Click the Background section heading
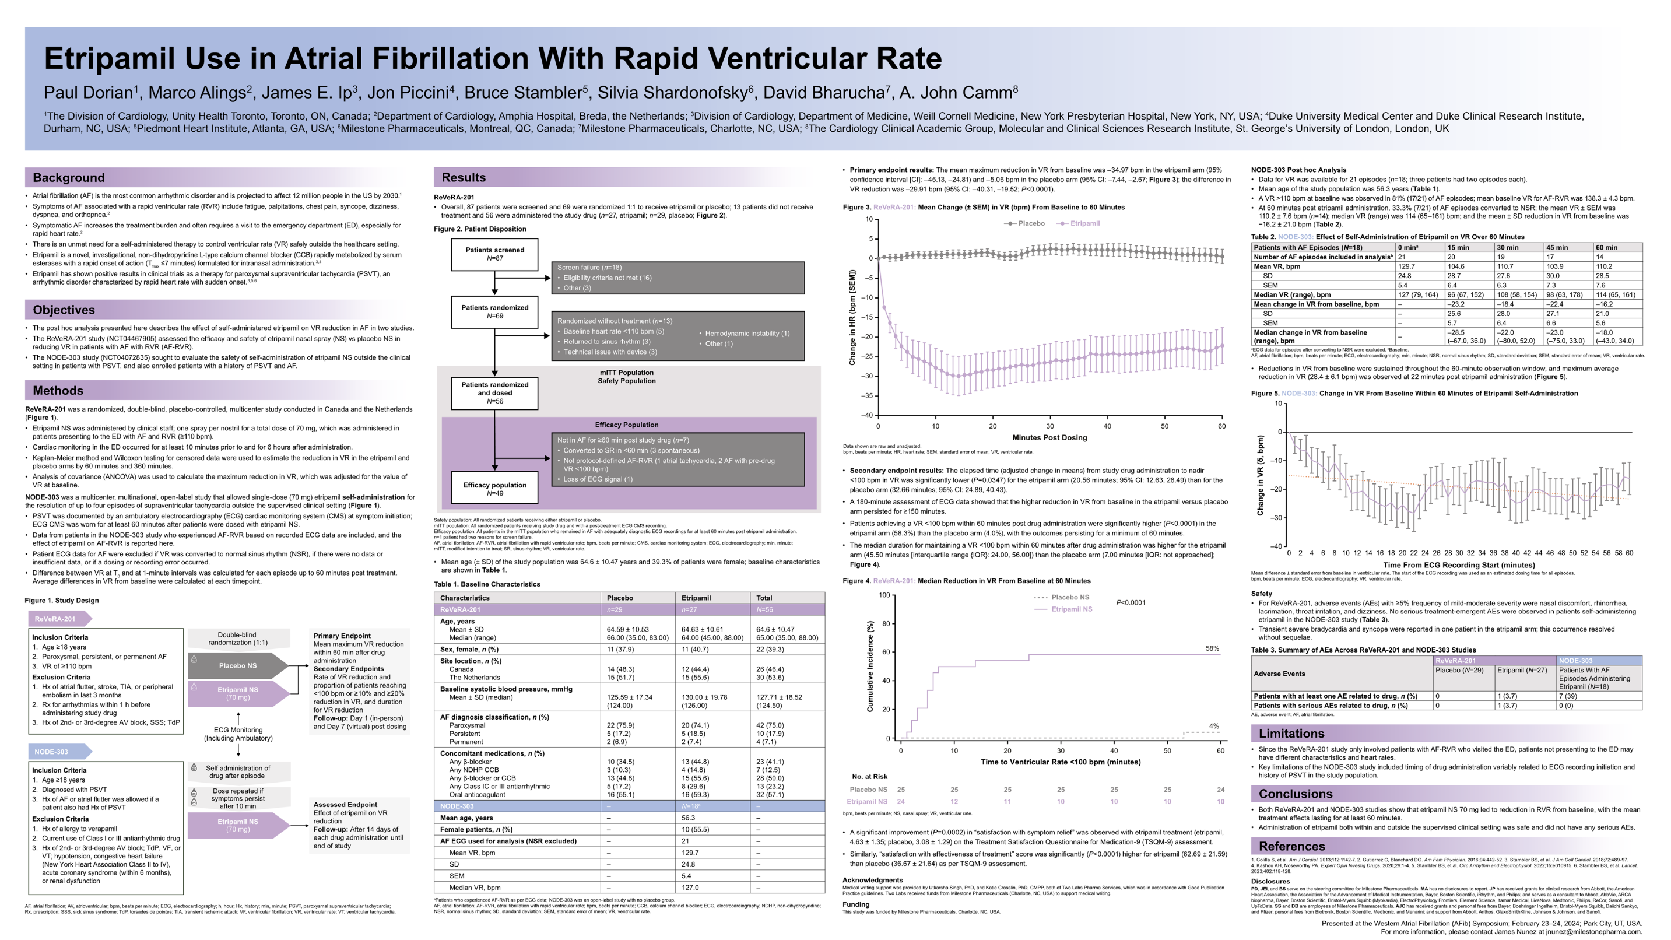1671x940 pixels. pos(69,178)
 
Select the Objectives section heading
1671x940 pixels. pos(64,310)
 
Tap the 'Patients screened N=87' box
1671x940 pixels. pos(494,254)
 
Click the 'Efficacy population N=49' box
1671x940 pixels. pos(494,489)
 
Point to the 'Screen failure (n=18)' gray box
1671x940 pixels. pos(677,278)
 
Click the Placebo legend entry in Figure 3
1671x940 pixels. pos(1025,223)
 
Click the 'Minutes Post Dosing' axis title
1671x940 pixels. pos(1049,438)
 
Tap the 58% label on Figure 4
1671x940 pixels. pos(1212,648)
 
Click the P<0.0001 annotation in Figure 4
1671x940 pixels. pos(1131,603)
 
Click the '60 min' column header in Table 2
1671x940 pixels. pos(1606,248)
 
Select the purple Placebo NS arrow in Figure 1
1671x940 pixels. pos(237,665)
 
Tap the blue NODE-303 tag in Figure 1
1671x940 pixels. pos(52,752)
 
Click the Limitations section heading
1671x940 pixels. pos(1291,734)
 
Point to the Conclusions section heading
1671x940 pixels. pos(1295,794)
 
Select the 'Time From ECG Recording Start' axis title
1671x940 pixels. pos(1459,565)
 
